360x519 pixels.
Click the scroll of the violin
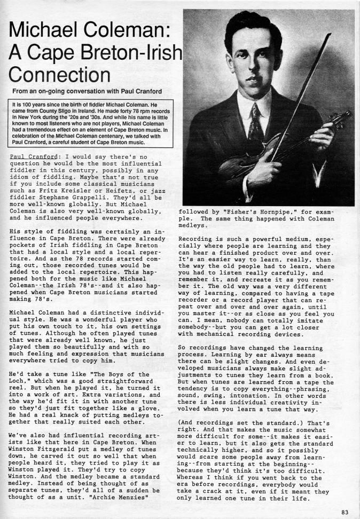346,115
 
